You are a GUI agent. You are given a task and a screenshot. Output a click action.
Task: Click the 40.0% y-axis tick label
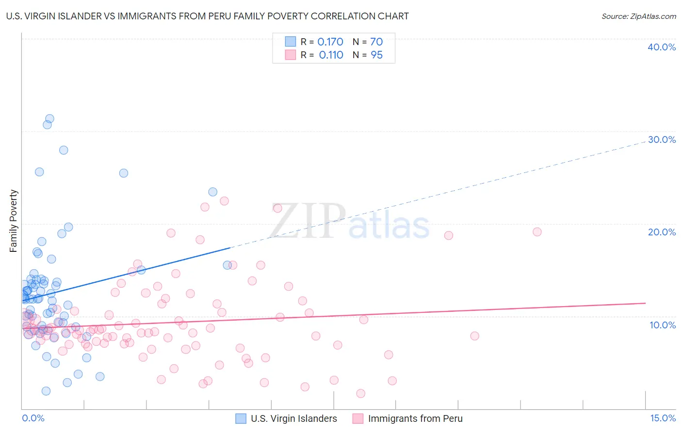(662, 47)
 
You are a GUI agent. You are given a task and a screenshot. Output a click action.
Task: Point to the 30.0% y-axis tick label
(662, 139)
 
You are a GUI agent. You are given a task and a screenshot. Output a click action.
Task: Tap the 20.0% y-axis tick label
(662, 232)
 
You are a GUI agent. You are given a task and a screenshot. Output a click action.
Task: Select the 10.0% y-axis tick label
(663, 325)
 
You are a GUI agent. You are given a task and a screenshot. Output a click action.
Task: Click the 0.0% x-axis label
(33, 418)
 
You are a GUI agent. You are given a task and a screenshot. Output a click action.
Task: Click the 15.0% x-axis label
(663, 418)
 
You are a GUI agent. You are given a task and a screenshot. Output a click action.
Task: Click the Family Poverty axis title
(14, 221)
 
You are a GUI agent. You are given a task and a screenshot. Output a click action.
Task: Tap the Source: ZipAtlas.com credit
(638, 16)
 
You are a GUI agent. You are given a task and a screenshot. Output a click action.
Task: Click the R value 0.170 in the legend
(330, 42)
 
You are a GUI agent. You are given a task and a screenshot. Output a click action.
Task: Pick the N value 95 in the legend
(376, 55)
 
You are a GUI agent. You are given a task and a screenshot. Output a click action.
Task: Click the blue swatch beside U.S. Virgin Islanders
(241, 418)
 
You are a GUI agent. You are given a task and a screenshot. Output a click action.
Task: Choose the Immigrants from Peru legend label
(415, 418)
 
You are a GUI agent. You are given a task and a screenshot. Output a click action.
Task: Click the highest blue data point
(49, 119)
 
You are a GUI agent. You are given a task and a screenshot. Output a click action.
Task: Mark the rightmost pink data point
(537, 232)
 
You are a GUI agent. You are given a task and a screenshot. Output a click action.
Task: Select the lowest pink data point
(360, 394)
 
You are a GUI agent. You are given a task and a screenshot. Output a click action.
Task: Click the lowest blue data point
(46, 391)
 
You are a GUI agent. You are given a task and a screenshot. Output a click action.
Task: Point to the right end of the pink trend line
(645, 303)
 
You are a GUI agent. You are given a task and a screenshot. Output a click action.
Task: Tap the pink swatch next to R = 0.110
(291, 55)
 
